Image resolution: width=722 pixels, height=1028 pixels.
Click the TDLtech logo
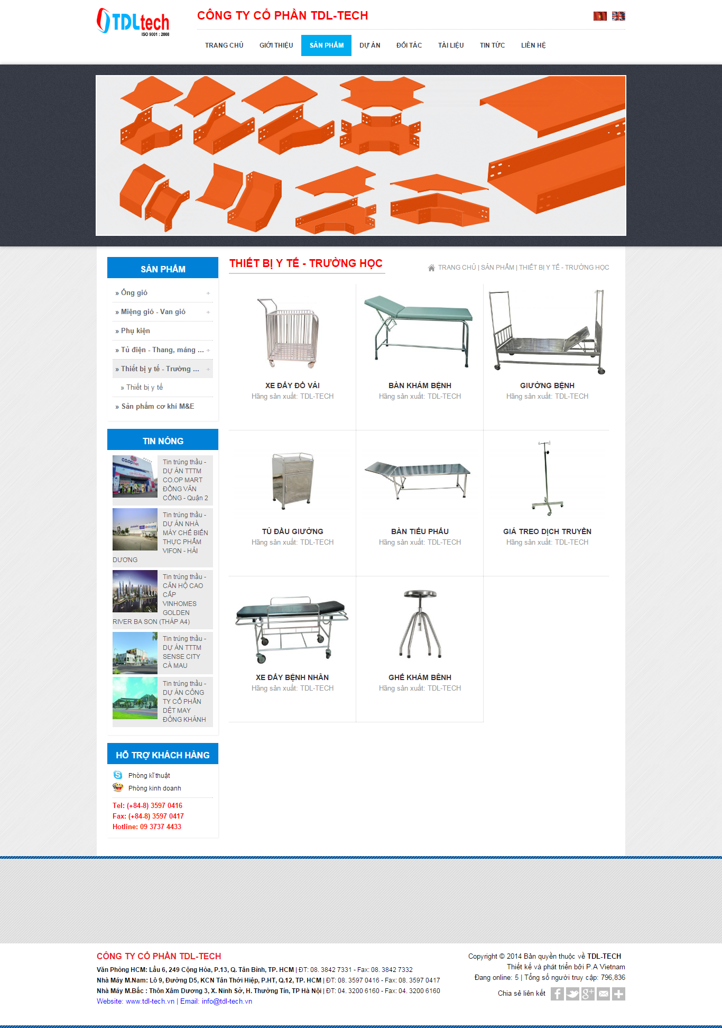pyautogui.click(x=133, y=22)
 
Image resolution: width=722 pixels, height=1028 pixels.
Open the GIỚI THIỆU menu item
pyautogui.click(x=276, y=45)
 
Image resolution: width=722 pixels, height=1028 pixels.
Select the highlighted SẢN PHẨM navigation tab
pyautogui.click(x=326, y=45)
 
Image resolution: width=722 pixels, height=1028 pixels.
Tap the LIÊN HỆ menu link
pyautogui.click(x=533, y=45)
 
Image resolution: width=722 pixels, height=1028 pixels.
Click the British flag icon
pyautogui.click(x=618, y=16)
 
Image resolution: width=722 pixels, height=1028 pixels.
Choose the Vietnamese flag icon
pyautogui.click(x=600, y=16)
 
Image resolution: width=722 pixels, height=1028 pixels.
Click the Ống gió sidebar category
pyautogui.click(x=134, y=293)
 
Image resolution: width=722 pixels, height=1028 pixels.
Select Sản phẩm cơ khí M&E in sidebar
pyautogui.click(x=158, y=407)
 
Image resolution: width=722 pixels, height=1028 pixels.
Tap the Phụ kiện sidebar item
pyautogui.click(x=135, y=331)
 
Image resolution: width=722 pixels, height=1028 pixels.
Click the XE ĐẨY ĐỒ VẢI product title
pyautogui.click(x=292, y=385)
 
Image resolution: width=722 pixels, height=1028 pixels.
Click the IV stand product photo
pyautogui.click(x=547, y=478)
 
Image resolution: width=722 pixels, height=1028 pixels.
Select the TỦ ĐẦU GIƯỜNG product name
pyautogui.click(x=292, y=531)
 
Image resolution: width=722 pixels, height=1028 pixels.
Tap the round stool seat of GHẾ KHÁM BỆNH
pyautogui.click(x=420, y=594)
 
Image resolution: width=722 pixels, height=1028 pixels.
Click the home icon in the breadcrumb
pyautogui.click(x=431, y=268)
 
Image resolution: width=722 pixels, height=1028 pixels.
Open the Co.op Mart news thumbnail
pyautogui.click(x=135, y=476)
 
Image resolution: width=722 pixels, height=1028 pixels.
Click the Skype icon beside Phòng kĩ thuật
pyautogui.click(x=118, y=775)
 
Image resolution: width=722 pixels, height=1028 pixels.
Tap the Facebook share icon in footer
pyautogui.click(x=557, y=994)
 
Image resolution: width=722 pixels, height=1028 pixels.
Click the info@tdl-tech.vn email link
pyautogui.click(x=227, y=1001)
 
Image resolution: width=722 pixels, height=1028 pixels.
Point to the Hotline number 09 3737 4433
pyautogui.click(x=160, y=827)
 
